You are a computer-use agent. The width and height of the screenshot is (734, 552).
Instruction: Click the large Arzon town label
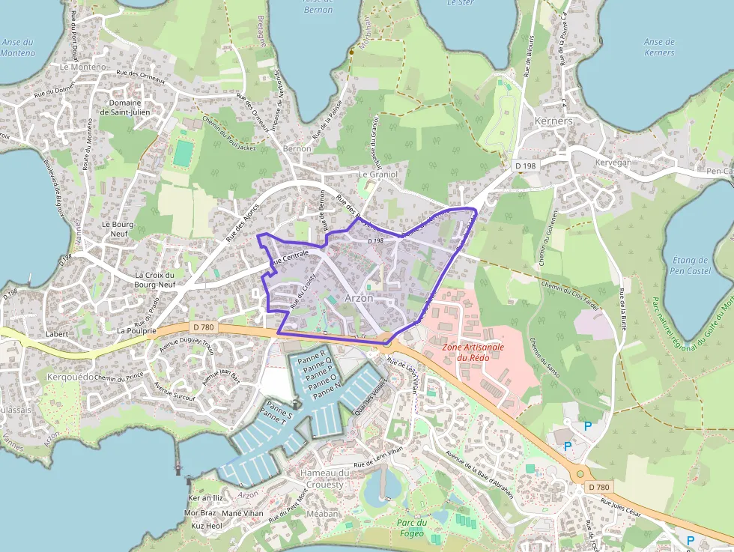(x=359, y=297)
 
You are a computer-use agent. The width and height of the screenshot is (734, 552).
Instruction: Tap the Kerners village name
(x=553, y=121)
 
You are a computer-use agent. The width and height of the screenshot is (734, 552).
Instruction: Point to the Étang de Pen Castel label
(x=691, y=265)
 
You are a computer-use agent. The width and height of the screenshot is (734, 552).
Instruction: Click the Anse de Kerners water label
(x=659, y=47)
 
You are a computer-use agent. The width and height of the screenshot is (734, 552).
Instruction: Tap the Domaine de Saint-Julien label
(x=125, y=108)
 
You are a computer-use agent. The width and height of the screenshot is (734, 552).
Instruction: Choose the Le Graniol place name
(x=375, y=175)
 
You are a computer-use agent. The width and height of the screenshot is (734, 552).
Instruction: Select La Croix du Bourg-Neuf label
(x=154, y=279)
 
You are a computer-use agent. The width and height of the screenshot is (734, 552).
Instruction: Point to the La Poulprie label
(x=136, y=330)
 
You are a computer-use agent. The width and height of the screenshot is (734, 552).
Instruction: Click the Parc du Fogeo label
(x=412, y=528)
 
